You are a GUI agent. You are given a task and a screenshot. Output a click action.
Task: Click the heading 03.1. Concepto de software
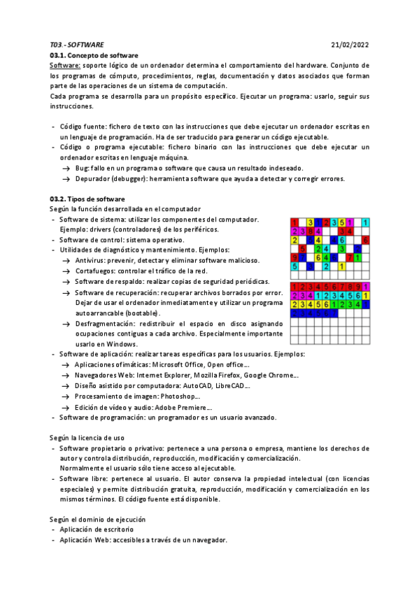pos(94,55)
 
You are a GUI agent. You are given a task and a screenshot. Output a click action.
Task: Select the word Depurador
pos(94,179)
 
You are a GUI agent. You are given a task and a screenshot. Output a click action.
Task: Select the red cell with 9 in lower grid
pos(357,286)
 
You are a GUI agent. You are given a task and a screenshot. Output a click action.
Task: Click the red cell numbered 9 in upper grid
pos(294,257)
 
